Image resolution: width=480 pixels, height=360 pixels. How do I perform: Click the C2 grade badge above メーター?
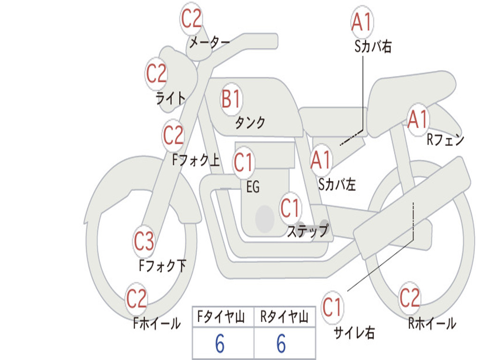pos(191,19)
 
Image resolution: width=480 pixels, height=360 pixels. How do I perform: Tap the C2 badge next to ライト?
pos(157,74)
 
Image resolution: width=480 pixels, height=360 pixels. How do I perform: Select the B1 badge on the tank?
pos(232,99)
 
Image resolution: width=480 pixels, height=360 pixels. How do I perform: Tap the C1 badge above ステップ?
pos(290,208)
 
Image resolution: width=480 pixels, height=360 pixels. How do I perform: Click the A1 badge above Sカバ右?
pos(362,22)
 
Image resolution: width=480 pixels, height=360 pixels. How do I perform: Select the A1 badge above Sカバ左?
pos(321,160)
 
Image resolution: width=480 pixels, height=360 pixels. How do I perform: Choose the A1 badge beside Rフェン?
pos(418,120)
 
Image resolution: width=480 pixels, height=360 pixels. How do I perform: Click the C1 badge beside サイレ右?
pos(332,307)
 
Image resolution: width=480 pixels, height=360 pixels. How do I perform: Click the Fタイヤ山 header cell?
pos(223,317)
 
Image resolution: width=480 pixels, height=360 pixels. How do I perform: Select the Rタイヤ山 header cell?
pos(285,317)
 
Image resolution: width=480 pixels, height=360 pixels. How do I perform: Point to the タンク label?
pos(250,123)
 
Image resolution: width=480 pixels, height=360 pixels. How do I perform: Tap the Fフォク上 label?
pos(196,160)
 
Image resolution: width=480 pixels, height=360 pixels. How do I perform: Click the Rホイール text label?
pos(432,323)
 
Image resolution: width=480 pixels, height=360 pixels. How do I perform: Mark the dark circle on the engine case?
pos(265,218)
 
